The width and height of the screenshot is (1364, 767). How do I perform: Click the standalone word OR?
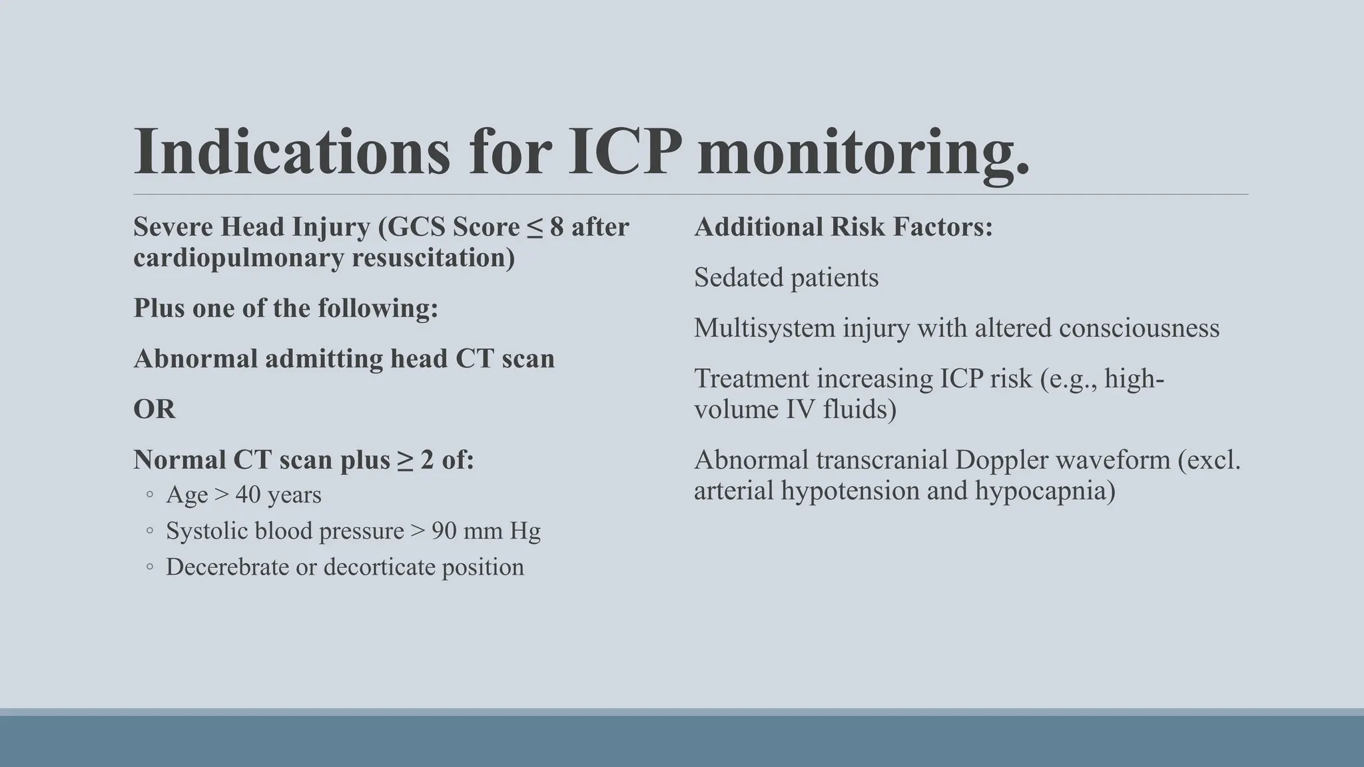155,409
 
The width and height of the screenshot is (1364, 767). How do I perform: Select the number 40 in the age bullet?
248,495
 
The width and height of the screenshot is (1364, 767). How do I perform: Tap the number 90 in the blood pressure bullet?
444,531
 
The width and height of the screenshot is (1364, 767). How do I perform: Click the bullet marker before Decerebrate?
150,567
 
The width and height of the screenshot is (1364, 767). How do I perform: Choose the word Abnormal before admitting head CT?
195,359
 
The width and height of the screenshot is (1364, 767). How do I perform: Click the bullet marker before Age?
150,495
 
